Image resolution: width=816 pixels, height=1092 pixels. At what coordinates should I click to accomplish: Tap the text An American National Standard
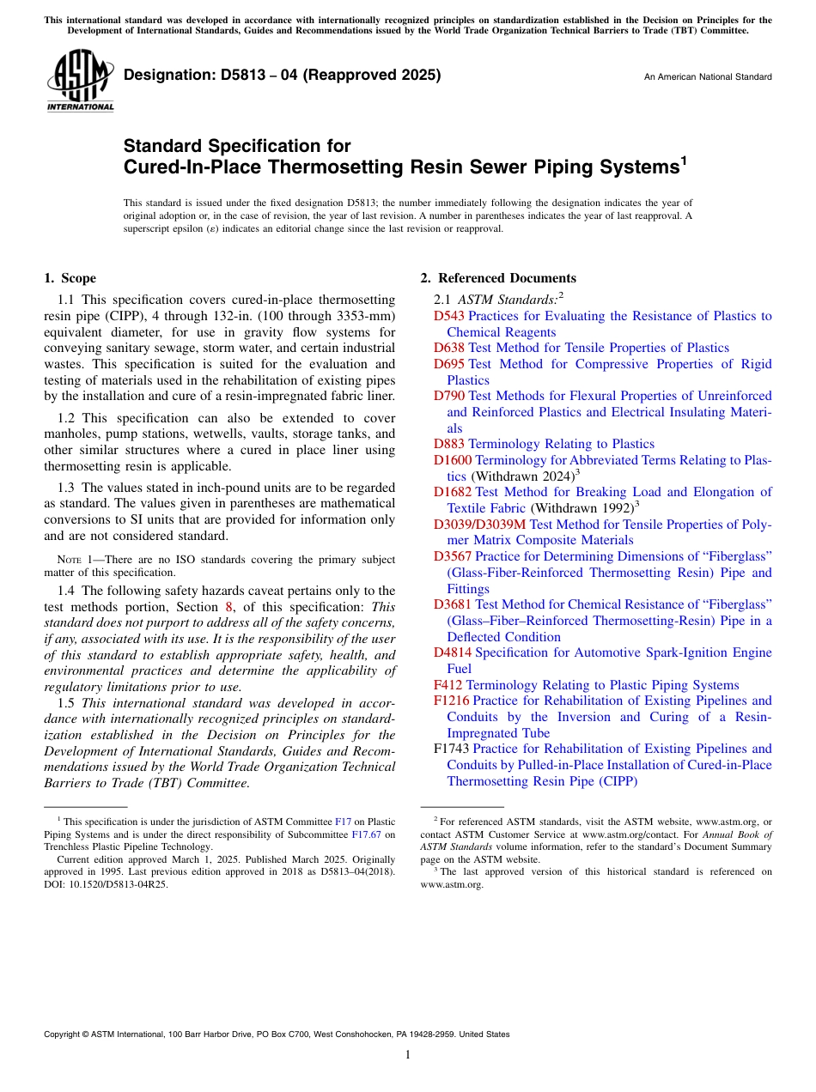pos(708,77)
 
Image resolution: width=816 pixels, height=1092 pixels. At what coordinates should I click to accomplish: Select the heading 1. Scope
pos(70,278)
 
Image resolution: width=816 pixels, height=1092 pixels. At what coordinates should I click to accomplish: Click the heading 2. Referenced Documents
pos(498,278)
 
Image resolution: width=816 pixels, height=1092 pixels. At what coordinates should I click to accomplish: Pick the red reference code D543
pos(449,316)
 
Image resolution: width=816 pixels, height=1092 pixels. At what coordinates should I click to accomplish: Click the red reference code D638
pos(449,348)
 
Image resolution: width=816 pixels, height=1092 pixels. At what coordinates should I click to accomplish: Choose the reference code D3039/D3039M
pos(479,524)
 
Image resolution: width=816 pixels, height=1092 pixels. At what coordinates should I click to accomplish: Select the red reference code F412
pos(448,685)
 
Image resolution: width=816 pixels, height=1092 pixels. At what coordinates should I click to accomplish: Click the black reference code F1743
pos(451,749)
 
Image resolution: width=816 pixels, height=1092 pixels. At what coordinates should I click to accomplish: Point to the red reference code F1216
pos(451,701)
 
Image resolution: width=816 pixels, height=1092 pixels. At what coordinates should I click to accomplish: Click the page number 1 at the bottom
pos(408,1055)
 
